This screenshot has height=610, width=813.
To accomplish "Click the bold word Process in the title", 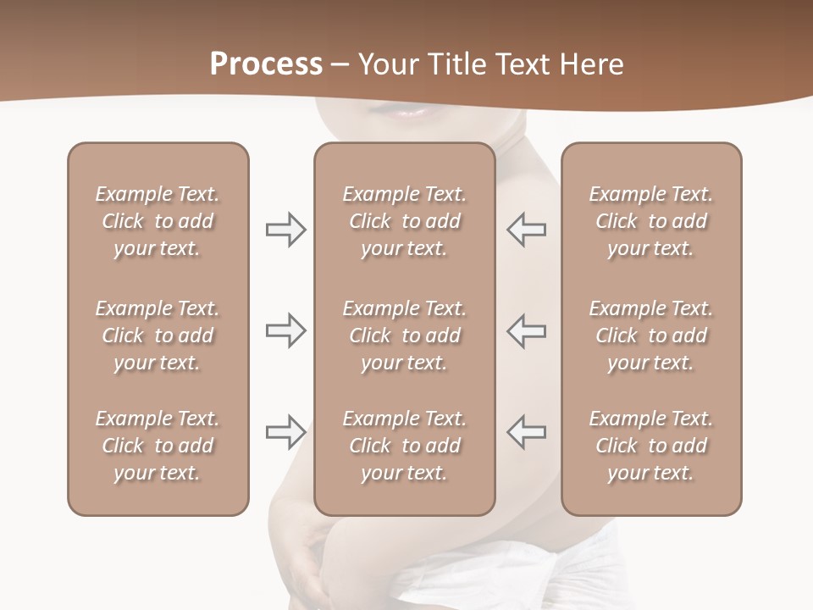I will [x=266, y=64].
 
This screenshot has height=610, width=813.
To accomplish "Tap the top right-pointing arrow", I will [x=286, y=230].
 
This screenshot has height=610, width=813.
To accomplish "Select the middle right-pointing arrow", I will [x=286, y=330].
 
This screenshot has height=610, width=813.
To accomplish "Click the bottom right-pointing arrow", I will [x=286, y=432].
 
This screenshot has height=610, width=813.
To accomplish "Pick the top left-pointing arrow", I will [x=526, y=230].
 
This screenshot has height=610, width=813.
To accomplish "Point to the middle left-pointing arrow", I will [x=526, y=330].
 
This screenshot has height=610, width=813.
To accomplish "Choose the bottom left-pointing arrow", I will [x=526, y=432].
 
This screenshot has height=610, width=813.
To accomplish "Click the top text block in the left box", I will [x=158, y=221].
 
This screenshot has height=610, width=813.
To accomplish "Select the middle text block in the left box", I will [x=158, y=335].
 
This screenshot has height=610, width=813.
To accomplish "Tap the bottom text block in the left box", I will [x=158, y=446].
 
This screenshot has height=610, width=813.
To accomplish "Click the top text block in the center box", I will [x=404, y=221].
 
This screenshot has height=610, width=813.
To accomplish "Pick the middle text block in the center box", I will [x=404, y=335].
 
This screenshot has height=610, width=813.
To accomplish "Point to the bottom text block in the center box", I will [x=404, y=446].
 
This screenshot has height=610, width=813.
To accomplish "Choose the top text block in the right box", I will [x=651, y=221].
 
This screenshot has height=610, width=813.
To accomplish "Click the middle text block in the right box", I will [x=651, y=335].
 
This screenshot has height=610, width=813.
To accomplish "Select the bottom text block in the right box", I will [x=651, y=446].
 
